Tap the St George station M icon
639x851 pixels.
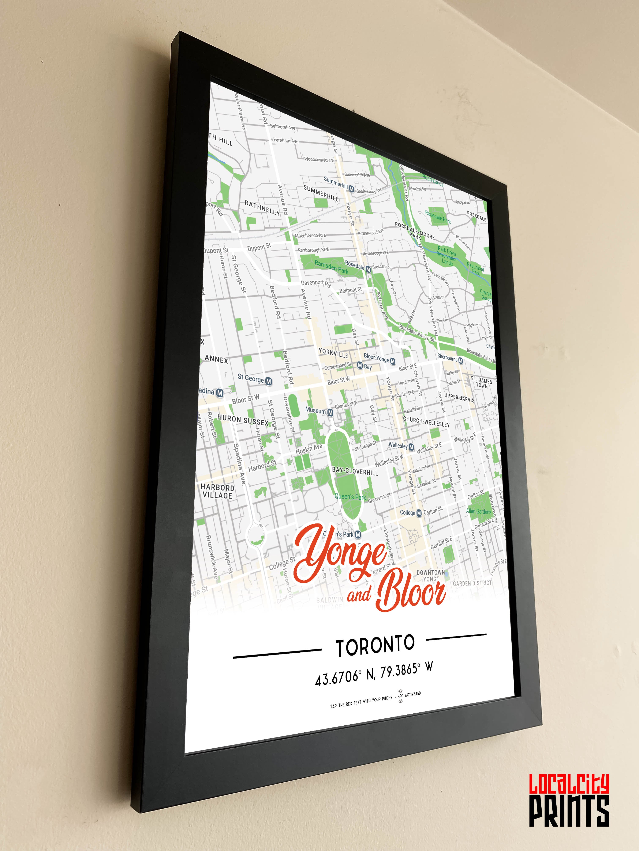(x=268, y=381)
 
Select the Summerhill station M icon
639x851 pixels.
(x=351, y=188)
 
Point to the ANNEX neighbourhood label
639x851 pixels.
(x=216, y=359)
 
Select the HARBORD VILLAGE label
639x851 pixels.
(x=217, y=491)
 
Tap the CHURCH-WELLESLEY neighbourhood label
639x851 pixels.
(x=426, y=422)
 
